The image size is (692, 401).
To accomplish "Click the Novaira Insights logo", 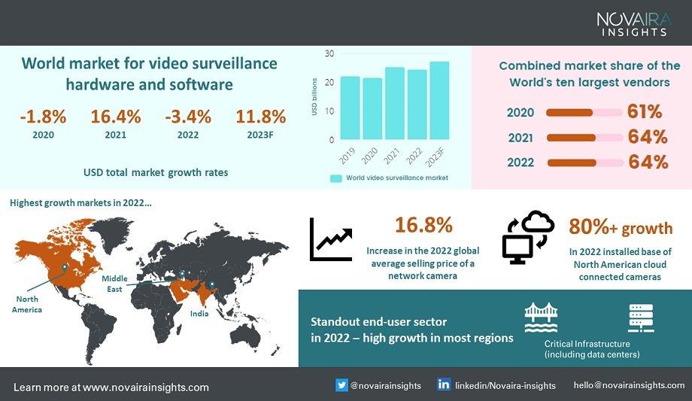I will (x=633, y=23).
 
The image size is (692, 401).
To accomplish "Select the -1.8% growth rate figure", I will (x=44, y=117).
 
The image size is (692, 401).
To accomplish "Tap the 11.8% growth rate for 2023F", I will (x=261, y=117).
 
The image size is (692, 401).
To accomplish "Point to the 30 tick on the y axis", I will (x=329, y=53).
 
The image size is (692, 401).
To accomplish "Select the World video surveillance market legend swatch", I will (x=336, y=178).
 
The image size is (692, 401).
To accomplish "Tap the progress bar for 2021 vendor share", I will (x=584, y=138).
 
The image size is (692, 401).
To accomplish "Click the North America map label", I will (x=27, y=304).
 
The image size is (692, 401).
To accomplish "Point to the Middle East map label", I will (x=115, y=284).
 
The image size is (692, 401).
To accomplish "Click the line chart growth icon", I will (x=331, y=239).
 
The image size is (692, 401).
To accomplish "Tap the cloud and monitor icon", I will (x=527, y=236).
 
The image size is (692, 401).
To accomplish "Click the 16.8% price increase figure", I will (x=423, y=225).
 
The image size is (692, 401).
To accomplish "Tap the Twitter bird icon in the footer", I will (x=342, y=385).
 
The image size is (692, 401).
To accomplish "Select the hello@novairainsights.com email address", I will (x=629, y=385).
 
